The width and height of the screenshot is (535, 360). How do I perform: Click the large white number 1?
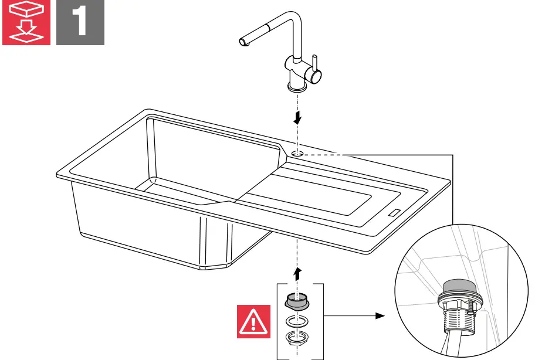click(80, 23)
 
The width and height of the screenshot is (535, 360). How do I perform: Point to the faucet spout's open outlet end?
click(242, 41)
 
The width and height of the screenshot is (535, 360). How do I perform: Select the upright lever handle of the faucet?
click(315, 62)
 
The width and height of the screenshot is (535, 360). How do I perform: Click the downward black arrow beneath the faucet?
click(298, 118)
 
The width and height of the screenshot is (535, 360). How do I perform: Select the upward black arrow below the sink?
click(298, 273)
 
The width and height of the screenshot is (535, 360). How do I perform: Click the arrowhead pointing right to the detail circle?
click(380, 315)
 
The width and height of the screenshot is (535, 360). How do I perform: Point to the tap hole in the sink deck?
click(297, 154)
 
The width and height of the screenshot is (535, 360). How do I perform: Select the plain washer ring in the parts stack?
click(297, 321)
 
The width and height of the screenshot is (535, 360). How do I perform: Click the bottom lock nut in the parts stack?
click(297, 338)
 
